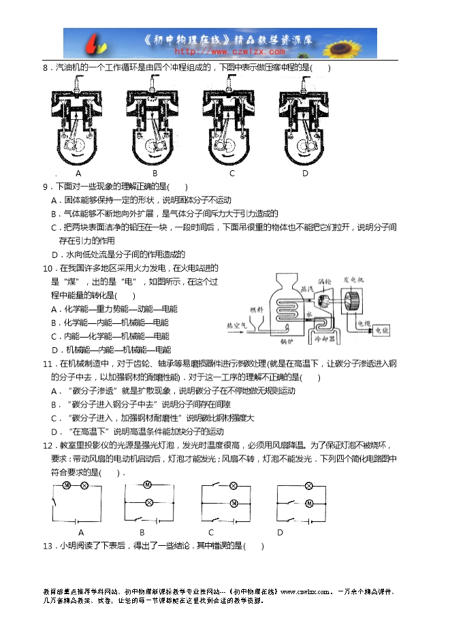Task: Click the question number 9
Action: point(46,186)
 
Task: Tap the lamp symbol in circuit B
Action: point(148,502)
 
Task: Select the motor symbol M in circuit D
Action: point(308,504)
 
